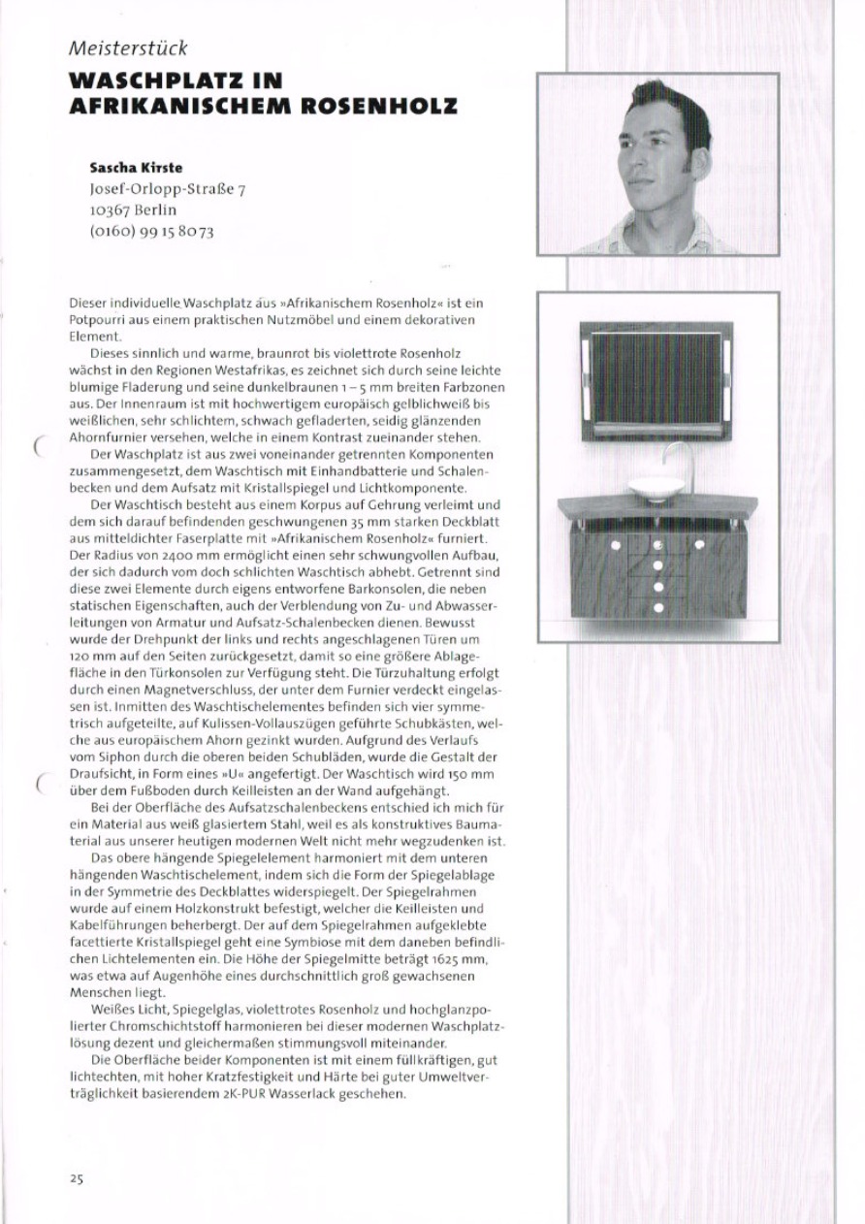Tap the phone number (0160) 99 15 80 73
[x=151, y=231]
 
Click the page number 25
[x=77, y=1178]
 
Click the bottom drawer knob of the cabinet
[x=657, y=608]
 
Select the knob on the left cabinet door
[x=615, y=545]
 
